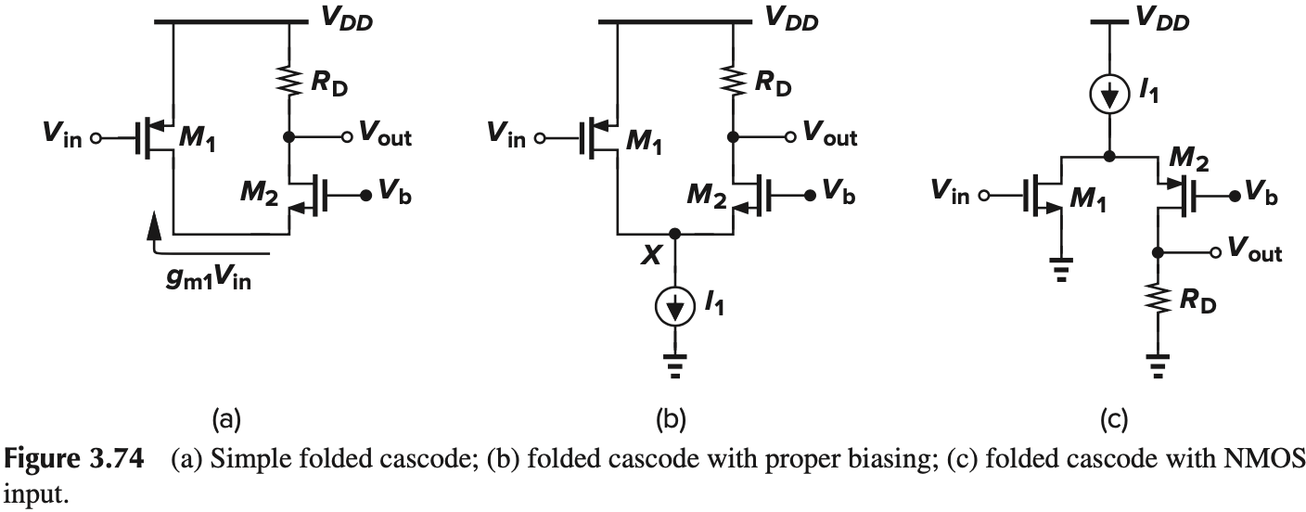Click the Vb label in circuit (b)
coord(833,196)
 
